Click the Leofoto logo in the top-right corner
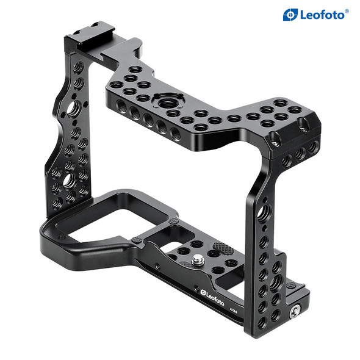[x=315, y=15]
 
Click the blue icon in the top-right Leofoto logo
[x=290, y=15]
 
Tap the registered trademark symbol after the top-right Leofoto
[x=347, y=10]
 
